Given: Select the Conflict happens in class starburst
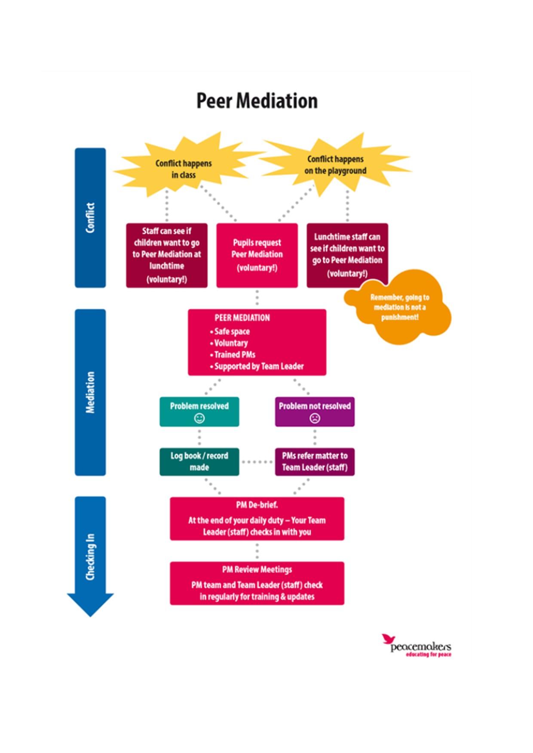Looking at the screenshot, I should (184, 169).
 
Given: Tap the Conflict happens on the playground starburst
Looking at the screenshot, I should (335, 165).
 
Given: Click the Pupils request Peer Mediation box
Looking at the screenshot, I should (257, 255).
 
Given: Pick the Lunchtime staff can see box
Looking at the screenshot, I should (347, 255).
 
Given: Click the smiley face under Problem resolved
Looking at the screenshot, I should (199, 418).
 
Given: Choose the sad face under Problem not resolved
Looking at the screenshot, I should (315, 418).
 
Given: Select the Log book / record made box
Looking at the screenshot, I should (199, 462).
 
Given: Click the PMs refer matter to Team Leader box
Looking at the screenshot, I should (315, 462).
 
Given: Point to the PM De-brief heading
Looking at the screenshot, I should (257, 505).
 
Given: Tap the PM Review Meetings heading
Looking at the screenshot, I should (257, 570).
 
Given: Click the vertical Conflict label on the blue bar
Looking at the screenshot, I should (90, 218).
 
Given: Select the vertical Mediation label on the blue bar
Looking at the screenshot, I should (90, 392).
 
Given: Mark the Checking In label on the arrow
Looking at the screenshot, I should (90, 557).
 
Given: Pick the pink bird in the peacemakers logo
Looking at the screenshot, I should (388, 639).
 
